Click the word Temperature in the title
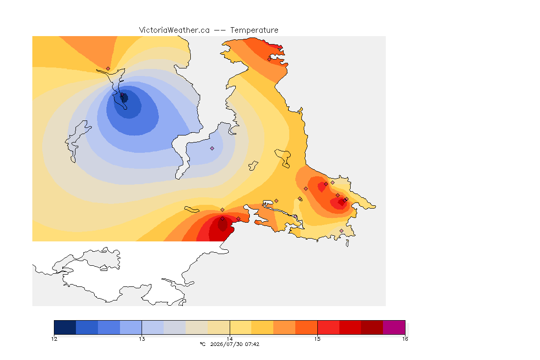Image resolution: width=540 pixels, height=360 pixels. (x=254, y=30)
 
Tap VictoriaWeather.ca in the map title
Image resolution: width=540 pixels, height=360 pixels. (x=174, y=30)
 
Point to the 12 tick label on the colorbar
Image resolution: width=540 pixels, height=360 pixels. (x=54, y=339)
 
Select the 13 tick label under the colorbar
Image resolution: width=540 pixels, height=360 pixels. (x=142, y=339)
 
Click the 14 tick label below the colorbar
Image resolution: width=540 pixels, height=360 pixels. (x=230, y=339)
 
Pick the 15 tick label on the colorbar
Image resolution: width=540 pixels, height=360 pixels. (x=317, y=339)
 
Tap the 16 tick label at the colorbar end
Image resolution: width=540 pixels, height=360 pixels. (x=405, y=339)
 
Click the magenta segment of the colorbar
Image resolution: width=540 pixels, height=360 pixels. (x=394, y=327)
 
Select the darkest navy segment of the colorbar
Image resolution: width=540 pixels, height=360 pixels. (x=65, y=327)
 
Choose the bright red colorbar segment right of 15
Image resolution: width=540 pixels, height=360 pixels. (x=328, y=327)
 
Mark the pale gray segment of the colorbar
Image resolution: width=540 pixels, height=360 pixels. (x=174, y=327)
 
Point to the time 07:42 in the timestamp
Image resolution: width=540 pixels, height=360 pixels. (x=252, y=344)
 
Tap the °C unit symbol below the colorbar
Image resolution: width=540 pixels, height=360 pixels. (x=202, y=344)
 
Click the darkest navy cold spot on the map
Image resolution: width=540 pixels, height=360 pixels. (x=124, y=98)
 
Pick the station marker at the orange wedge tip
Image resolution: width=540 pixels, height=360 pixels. (x=108, y=68)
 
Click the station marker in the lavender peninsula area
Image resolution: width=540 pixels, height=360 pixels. (x=212, y=149)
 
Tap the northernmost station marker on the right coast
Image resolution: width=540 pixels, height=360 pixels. (x=270, y=59)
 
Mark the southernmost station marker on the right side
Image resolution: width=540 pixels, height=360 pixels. (x=341, y=231)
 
